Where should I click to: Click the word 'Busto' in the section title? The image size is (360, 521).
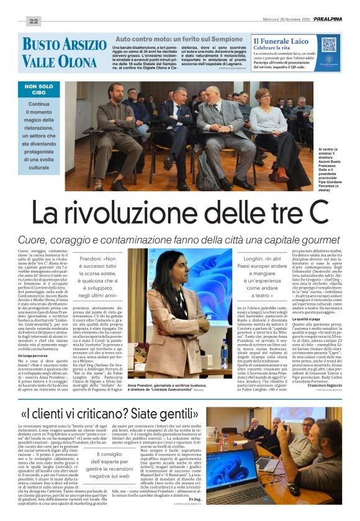(40, 45)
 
